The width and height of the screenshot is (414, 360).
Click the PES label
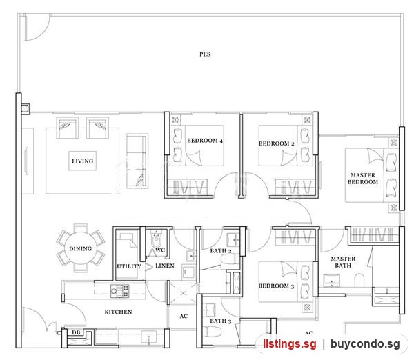point(205,54)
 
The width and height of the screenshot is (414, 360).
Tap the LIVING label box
point(82,161)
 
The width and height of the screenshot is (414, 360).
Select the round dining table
point(81,248)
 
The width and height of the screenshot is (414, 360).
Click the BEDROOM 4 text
point(205,141)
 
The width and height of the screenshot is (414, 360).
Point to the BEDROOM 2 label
point(277,143)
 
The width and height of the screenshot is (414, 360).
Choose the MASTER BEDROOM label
point(363,179)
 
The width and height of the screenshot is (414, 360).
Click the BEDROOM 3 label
point(276,286)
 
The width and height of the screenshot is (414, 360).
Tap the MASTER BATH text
point(343,262)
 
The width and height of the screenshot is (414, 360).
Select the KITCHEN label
point(118,312)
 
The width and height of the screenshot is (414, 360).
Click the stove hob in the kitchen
point(120,291)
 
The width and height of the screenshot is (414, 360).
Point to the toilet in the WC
point(156,239)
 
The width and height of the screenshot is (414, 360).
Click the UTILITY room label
point(129,266)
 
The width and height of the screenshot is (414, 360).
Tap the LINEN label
point(165,266)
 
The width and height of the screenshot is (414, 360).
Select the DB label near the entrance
point(76,332)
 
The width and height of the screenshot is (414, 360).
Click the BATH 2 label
point(221,251)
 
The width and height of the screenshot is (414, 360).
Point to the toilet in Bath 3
point(212,332)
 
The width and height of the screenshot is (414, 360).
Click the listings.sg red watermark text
point(289,344)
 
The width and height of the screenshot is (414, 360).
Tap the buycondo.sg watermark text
point(365,344)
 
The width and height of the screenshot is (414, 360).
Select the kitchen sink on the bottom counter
point(148,337)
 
